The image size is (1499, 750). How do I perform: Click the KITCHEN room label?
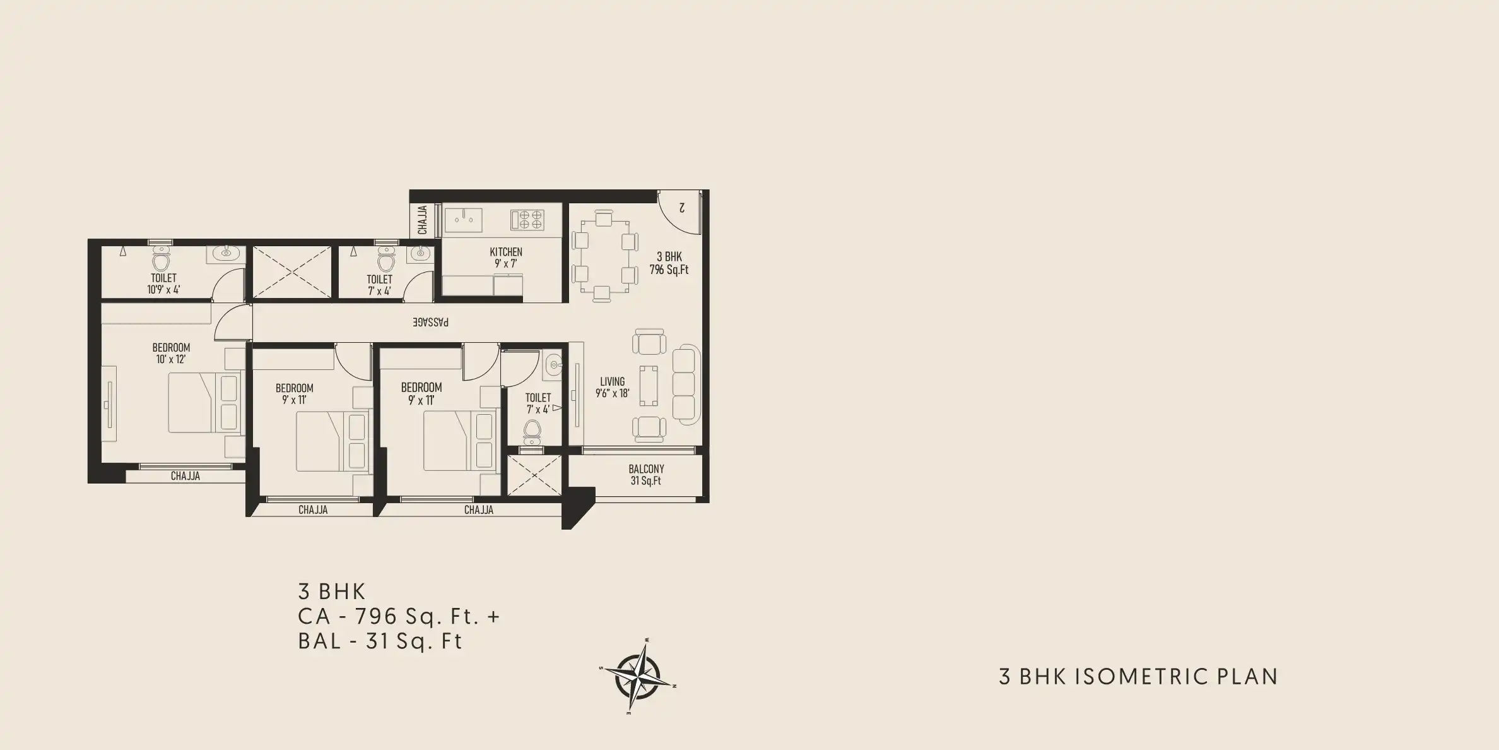[x=506, y=252]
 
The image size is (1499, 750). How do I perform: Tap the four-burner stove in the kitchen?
[x=527, y=220]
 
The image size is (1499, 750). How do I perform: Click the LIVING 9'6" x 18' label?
[x=613, y=387]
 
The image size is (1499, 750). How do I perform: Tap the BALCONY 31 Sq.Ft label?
[x=646, y=475]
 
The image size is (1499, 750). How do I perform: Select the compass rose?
[x=638, y=676]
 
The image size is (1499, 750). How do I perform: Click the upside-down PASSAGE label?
[x=431, y=322]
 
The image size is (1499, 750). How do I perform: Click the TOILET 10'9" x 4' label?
[x=164, y=283]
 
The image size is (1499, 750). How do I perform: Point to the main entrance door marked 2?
[x=679, y=211]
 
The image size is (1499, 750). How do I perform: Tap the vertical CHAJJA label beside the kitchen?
[x=423, y=220]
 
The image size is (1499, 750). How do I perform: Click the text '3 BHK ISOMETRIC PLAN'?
[x=1139, y=677]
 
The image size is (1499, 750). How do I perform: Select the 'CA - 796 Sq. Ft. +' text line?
[x=399, y=616]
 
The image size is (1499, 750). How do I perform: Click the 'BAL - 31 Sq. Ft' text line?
[x=380, y=641]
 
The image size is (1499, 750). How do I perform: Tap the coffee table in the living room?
[x=649, y=385]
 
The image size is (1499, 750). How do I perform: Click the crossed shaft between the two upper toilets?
[x=292, y=272]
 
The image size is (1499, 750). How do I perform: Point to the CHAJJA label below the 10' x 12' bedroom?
[x=185, y=476]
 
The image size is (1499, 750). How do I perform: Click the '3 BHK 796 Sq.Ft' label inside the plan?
[x=669, y=263]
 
